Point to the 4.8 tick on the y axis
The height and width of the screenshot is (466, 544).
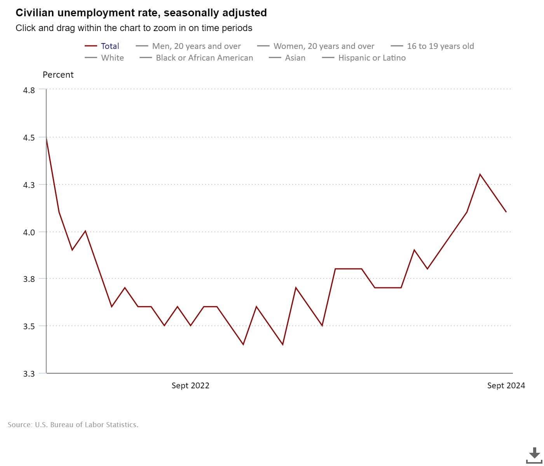point(29,90)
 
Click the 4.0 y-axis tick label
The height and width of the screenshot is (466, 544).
point(29,232)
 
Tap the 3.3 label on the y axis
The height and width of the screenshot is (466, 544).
point(29,374)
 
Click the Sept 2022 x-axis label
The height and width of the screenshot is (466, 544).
point(190,386)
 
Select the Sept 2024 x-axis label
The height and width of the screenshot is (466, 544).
point(506,386)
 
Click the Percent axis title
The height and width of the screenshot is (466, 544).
point(58,75)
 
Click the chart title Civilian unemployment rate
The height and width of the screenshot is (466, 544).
point(141,13)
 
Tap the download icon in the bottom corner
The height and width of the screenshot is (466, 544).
point(534,455)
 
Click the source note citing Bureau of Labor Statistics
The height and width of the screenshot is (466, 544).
point(73,425)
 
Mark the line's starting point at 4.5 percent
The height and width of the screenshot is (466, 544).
point(46,137)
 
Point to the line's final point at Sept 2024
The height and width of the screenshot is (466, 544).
point(506,212)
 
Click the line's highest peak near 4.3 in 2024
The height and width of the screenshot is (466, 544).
point(480,174)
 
